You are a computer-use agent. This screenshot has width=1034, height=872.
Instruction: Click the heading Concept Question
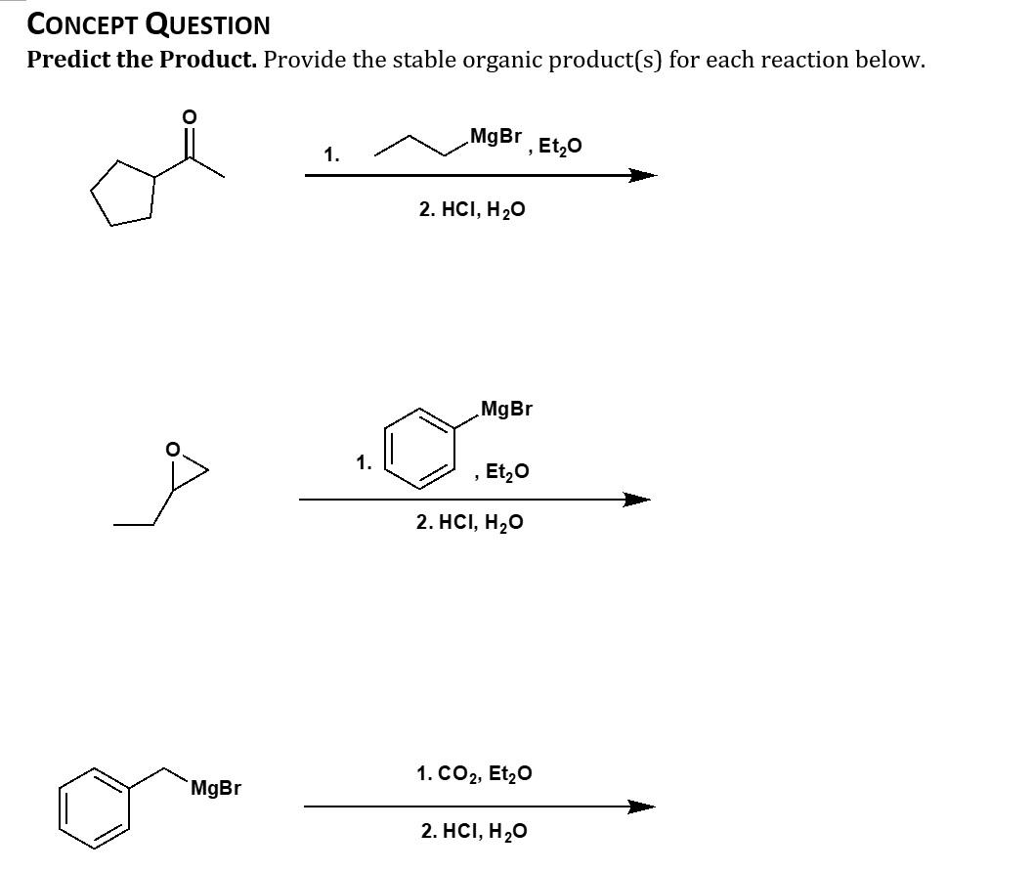pyautogui.click(x=149, y=23)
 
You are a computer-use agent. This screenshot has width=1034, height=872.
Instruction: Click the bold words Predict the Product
pyautogui.click(x=142, y=60)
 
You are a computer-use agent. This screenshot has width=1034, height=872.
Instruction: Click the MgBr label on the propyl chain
pyautogui.click(x=495, y=136)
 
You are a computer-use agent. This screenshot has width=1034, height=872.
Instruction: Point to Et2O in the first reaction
pyautogui.click(x=560, y=147)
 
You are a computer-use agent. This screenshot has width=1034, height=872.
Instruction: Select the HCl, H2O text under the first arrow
pyautogui.click(x=472, y=209)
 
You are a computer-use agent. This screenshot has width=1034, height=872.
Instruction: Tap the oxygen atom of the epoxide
pyautogui.click(x=173, y=451)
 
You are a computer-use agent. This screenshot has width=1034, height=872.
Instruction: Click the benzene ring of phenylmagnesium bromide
pyautogui.click(x=421, y=447)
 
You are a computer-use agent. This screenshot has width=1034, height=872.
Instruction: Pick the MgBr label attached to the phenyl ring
pyautogui.click(x=506, y=409)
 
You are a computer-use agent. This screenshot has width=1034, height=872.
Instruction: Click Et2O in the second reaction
pyautogui.click(x=506, y=471)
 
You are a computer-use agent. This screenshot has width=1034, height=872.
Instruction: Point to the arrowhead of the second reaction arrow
pyautogui.click(x=635, y=500)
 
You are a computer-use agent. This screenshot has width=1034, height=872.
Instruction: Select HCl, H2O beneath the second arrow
pyautogui.click(x=469, y=523)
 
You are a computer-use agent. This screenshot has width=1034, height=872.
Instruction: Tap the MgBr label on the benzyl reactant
pyautogui.click(x=216, y=788)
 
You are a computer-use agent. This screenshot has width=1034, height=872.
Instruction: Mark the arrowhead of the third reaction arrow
pyautogui.click(x=640, y=807)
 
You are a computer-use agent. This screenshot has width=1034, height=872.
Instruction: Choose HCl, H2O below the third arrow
pyautogui.click(x=474, y=832)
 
